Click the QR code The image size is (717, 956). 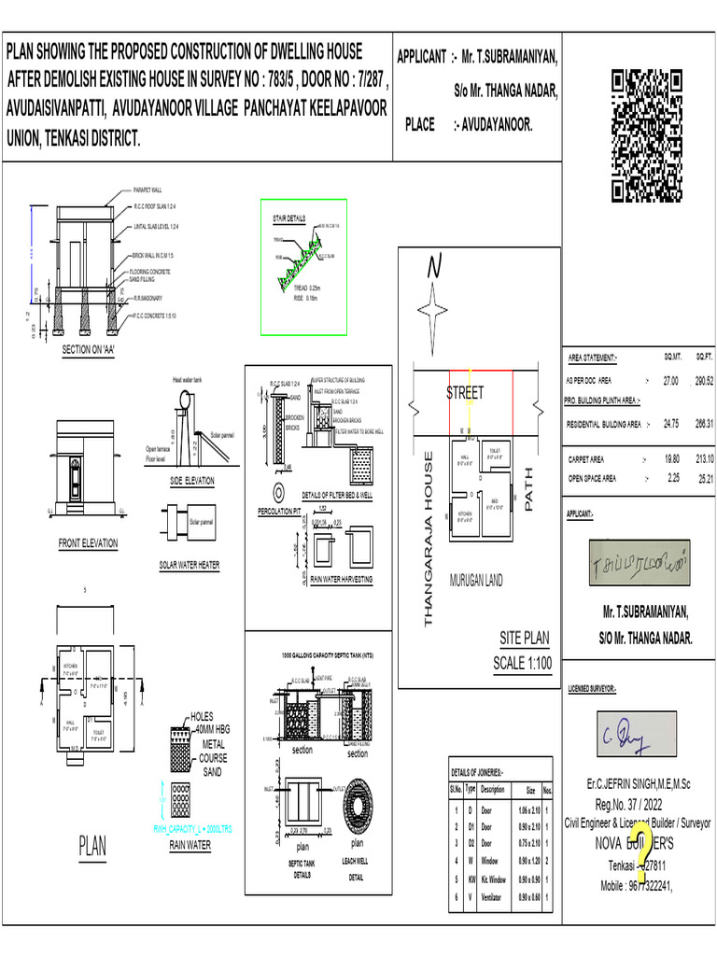click(654, 136)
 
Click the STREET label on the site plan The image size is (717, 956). click(465, 393)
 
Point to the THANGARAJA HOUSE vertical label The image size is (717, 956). click(429, 539)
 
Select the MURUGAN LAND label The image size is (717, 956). click(476, 581)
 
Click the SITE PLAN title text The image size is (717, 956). click(524, 639)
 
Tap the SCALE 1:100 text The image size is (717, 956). click(522, 664)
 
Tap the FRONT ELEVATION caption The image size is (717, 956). click(88, 543)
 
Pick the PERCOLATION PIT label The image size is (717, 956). click(277, 512)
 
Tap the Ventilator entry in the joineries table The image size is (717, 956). click(492, 897)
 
